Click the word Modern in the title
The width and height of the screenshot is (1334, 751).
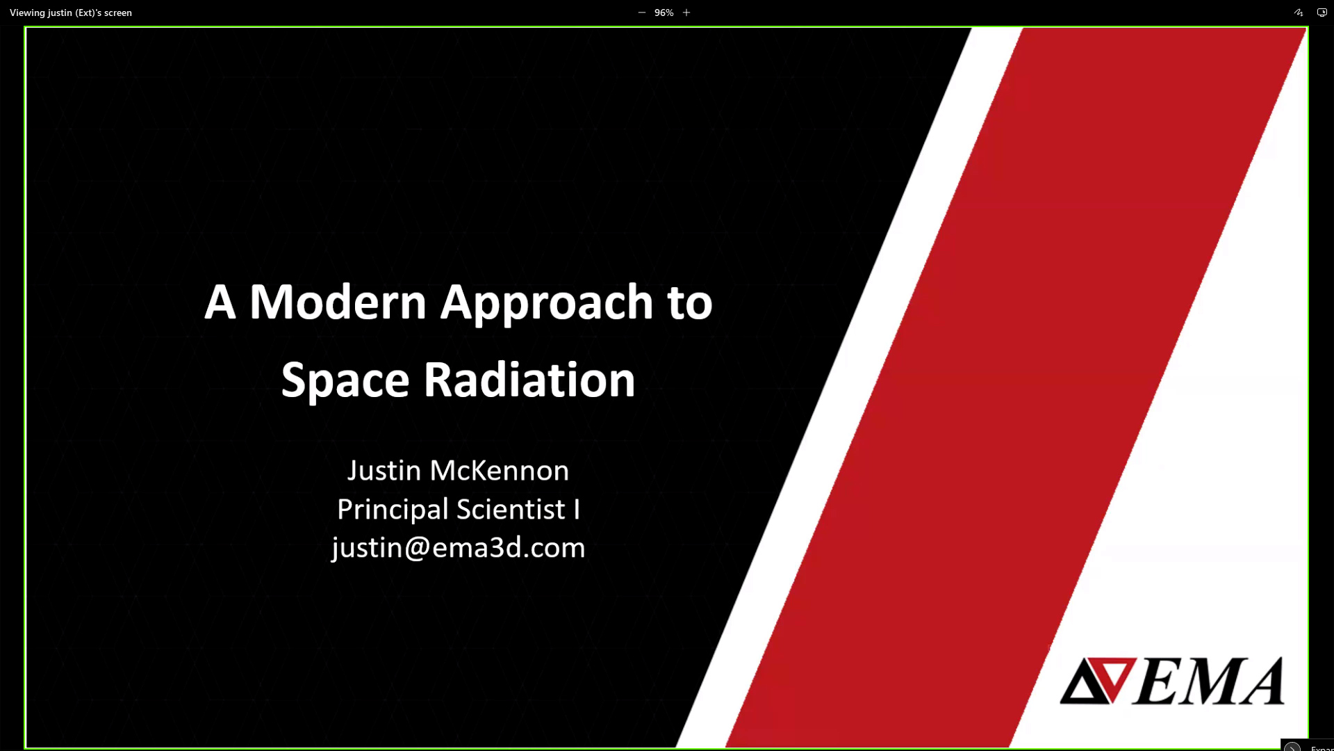338,302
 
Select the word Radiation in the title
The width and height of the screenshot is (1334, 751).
529,380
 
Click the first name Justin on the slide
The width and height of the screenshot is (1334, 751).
384,471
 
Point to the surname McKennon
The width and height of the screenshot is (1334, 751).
500,471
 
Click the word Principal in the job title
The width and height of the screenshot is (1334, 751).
393,510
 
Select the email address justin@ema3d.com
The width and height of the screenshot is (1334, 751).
459,549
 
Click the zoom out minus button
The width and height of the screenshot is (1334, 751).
642,13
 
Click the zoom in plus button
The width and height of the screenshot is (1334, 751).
686,13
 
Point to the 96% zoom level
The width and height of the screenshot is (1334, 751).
664,13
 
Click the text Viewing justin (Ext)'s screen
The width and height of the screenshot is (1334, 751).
71,13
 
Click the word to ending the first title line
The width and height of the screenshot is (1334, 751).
690,303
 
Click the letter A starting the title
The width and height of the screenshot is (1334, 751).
220,302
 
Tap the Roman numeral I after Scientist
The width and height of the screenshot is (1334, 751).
577,510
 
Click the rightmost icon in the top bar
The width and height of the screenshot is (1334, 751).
1322,13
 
